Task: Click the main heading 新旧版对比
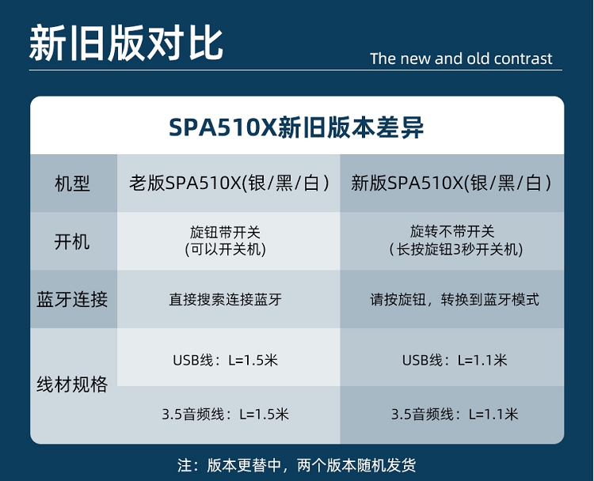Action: click(x=126, y=43)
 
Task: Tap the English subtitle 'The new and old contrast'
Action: click(x=461, y=59)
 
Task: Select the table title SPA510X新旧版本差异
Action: click(x=296, y=127)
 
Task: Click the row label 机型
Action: click(x=72, y=184)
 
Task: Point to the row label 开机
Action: click(x=72, y=241)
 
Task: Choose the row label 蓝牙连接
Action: click(x=72, y=299)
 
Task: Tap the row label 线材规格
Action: click(x=72, y=384)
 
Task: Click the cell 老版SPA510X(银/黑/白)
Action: click(x=229, y=184)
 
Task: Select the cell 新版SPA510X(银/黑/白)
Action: click(x=451, y=184)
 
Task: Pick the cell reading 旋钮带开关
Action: click(x=226, y=232)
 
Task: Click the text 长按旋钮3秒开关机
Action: click(x=456, y=249)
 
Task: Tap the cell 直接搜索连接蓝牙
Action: click(x=226, y=300)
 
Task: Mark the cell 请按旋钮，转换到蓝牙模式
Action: click(x=455, y=300)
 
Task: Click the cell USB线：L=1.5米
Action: click(x=226, y=360)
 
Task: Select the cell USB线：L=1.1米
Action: click(x=455, y=360)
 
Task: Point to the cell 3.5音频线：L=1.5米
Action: click(x=226, y=415)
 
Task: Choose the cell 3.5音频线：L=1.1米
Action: click(x=455, y=415)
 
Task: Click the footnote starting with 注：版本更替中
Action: click(x=297, y=465)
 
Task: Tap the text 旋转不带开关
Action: click(x=452, y=231)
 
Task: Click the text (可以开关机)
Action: click(x=226, y=249)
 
